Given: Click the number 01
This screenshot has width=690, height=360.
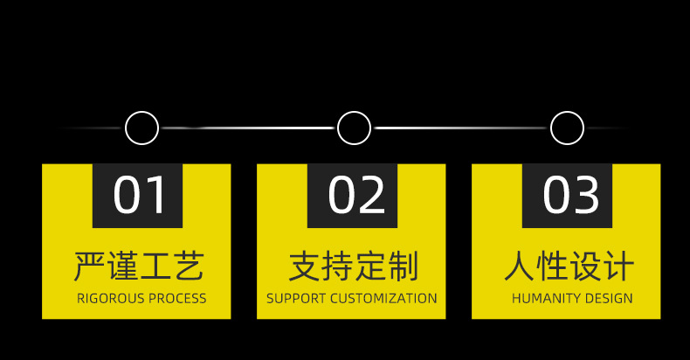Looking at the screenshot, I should point(140,195).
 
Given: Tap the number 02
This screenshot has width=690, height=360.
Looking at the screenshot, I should point(355,195).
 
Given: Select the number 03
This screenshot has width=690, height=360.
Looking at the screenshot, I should point(571,195).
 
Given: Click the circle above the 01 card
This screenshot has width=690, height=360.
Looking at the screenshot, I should point(141,128).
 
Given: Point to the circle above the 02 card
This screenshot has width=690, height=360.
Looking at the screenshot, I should point(354,128).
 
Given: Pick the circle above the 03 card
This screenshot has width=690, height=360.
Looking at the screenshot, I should point(567,128).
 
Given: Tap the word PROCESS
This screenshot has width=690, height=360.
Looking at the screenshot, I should point(177,299).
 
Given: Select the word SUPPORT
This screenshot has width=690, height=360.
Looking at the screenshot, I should point(295,299).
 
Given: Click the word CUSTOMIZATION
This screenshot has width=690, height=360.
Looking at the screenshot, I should point(383,299).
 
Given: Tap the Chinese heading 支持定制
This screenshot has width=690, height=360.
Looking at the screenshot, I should point(354,266).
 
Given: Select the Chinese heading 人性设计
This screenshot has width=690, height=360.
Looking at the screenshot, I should point(569,266).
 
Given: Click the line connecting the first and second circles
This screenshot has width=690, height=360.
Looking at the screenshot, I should point(247,128).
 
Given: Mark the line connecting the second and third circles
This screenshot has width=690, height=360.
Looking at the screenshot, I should point(460,128).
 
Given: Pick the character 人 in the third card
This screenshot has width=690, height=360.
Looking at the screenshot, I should point(519,266).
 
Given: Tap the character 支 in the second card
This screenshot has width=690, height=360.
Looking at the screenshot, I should point(304,266).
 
